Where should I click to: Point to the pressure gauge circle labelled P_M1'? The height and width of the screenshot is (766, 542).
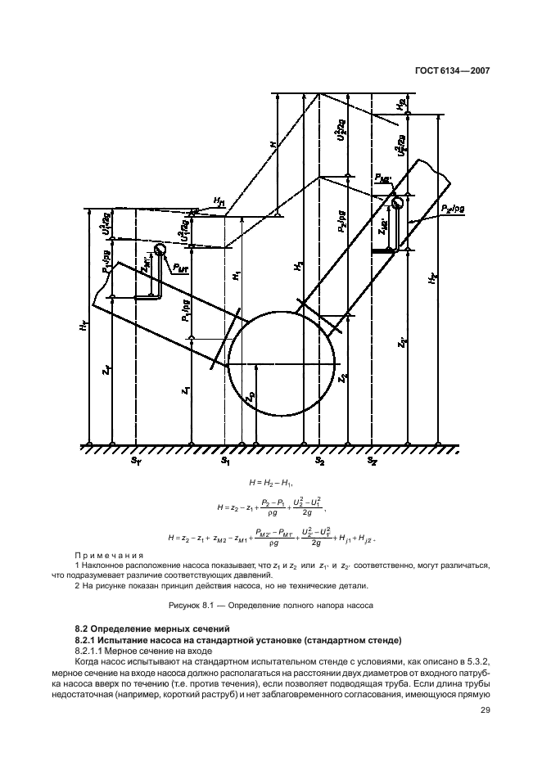pos(160,250)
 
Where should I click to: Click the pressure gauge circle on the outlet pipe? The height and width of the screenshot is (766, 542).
pos(399,202)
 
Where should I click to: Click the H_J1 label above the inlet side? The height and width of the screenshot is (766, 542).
pos(219,199)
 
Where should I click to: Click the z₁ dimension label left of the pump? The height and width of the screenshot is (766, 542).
pos(186,391)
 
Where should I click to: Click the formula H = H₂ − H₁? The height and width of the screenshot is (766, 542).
pos(266,485)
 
